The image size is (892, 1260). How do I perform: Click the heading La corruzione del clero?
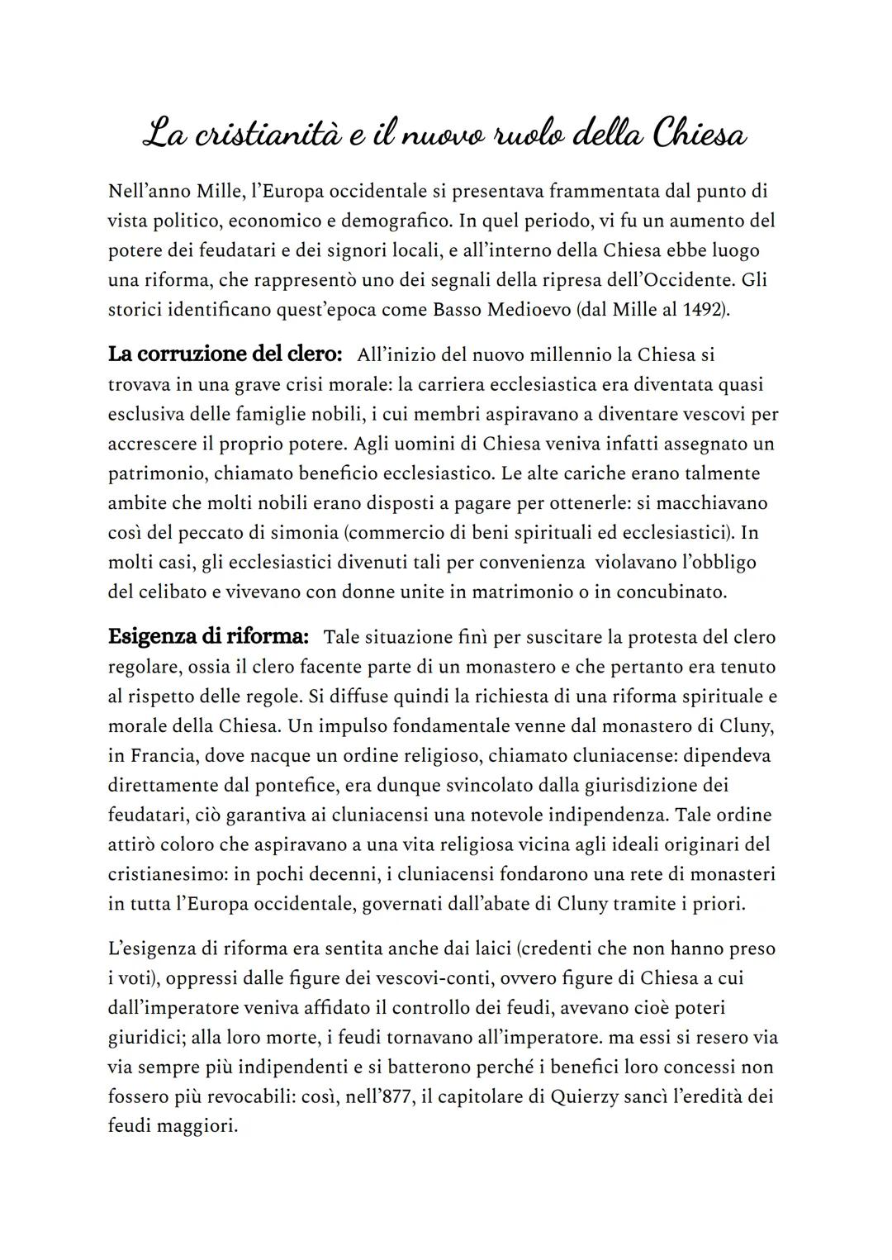tap(225, 355)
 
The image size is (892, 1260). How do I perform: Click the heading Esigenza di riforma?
tap(208, 637)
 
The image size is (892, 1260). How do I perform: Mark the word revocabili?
tap(245, 1097)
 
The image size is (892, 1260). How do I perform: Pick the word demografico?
tap(394, 221)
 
